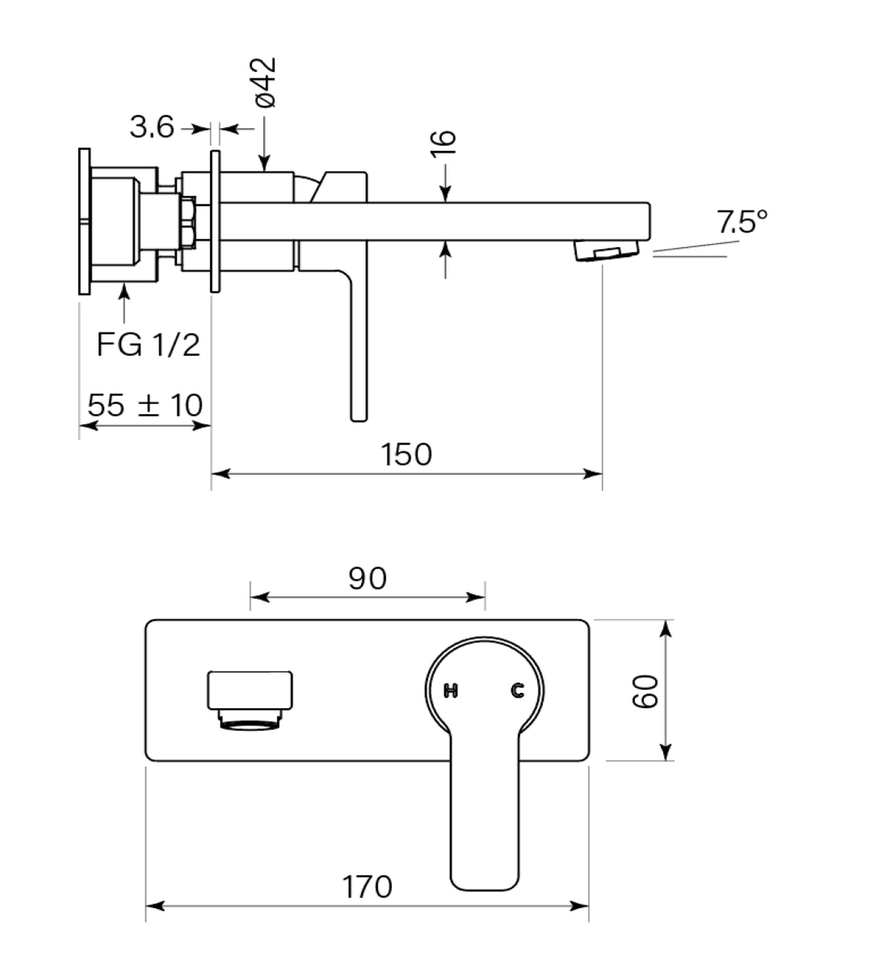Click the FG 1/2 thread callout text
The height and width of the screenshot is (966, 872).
pyautogui.click(x=148, y=345)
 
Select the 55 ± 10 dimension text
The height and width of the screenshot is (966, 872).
pyautogui.click(x=145, y=405)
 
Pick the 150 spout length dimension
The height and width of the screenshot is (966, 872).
pyautogui.click(x=406, y=454)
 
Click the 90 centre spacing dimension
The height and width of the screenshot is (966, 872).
pyautogui.click(x=367, y=578)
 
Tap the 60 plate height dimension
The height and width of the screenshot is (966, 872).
pyautogui.click(x=645, y=691)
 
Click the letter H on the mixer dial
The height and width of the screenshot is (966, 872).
pyautogui.click(x=451, y=690)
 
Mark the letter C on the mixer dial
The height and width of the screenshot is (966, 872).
pyautogui.click(x=517, y=690)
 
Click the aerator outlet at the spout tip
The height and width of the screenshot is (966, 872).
pyautogui.click(x=607, y=251)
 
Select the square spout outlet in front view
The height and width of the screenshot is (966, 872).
pyautogui.click(x=250, y=690)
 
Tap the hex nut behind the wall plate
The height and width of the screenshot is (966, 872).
pyautogui.click(x=188, y=223)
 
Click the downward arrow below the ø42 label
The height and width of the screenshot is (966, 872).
pyautogui.click(x=264, y=143)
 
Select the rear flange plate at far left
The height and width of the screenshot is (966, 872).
pyautogui.click(x=84, y=221)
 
